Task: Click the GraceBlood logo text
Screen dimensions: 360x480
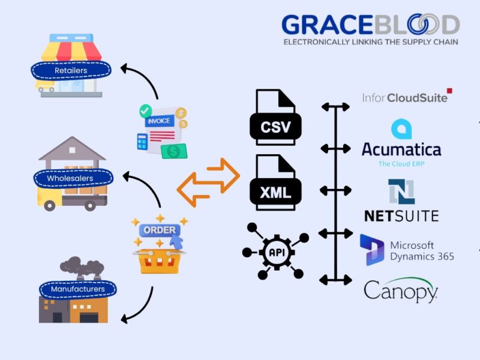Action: pyautogui.click(x=370, y=25)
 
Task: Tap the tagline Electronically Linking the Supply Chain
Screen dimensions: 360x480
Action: pyautogui.click(x=370, y=42)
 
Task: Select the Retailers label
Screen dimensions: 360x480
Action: pyautogui.click(x=71, y=70)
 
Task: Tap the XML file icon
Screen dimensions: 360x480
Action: pyautogui.click(x=275, y=183)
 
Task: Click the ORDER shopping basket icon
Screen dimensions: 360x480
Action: pyautogui.click(x=160, y=246)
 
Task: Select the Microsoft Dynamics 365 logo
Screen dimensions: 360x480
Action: pyautogui.click(x=407, y=251)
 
